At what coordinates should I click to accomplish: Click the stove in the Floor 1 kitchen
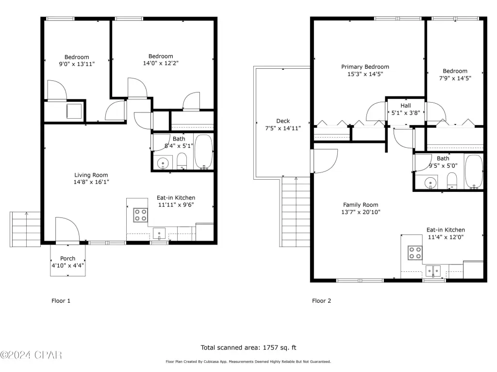point(140,215)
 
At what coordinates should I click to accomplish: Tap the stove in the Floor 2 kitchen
point(415,253)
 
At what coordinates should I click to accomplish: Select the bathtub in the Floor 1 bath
point(203,152)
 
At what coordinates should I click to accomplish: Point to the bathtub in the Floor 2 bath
point(474,171)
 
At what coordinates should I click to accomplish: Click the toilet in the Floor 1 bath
point(182,161)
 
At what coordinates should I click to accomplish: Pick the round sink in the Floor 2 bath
point(430,183)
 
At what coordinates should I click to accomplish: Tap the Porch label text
point(68,259)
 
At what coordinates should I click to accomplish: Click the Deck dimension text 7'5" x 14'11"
point(283,128)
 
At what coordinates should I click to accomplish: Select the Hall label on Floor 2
point(406,106)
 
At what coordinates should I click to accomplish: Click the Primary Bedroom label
point(365,67)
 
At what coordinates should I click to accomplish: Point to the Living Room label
point(91,175)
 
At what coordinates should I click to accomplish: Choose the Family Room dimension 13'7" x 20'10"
point(361,212)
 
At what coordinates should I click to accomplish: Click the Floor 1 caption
point(61,301)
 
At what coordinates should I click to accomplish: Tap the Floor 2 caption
point(321,301)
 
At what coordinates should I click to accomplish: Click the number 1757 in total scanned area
point(269,348)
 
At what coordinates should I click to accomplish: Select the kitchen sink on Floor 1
point(159,233)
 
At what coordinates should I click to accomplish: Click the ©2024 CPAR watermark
point(31,355)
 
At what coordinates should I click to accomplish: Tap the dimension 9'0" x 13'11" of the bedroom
point(77,64)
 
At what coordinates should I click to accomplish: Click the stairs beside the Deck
point(296,212)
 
